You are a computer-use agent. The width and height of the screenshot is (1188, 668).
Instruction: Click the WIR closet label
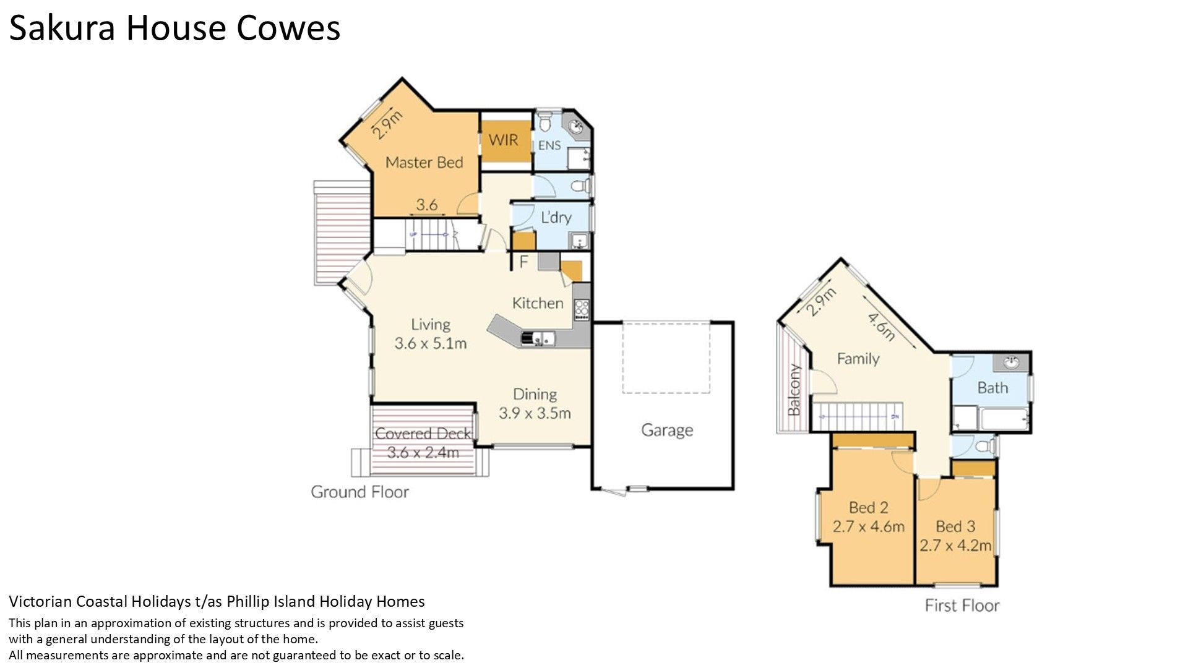pyautogui.click(x=503, y=140)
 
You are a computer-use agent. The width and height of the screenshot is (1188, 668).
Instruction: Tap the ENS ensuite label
pyautogui.click(x=549, y=145)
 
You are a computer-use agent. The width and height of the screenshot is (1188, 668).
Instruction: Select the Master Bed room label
pyautogui.click(x=424, y=163)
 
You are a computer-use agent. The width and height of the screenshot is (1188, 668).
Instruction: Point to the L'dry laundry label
pyautogui.click(x=556, y=217)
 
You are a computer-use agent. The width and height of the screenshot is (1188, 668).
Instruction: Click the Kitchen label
pyautogui.click(x=538, y=303)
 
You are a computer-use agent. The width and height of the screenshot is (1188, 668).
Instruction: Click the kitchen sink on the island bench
pyautogui.click(x=538, y=338)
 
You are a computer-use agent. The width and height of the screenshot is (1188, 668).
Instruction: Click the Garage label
pyautogui.click(x=667, y=430)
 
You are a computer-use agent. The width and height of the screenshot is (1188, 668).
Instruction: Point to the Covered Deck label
pyautogui.click(x=423, y=434)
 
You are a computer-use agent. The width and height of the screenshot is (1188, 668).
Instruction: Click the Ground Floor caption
pyautogui.click(x=359, y=492)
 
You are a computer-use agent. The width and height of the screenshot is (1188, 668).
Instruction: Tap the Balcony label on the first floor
pyautogui.click(x=794, y=390)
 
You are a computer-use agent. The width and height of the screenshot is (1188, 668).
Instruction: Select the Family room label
pyautogui.click(x=858, y=359)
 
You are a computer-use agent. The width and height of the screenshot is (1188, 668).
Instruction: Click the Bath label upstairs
pyautogui.click(x=992, y=388)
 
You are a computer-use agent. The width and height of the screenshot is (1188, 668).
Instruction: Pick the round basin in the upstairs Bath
pyautogui.click(x=1011, y=362)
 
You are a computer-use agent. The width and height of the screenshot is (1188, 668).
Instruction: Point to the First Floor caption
pyautogui.click(x=962, y=606)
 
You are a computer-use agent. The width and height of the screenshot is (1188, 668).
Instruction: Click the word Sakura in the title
pyautogui.click(x=62, y=28)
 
